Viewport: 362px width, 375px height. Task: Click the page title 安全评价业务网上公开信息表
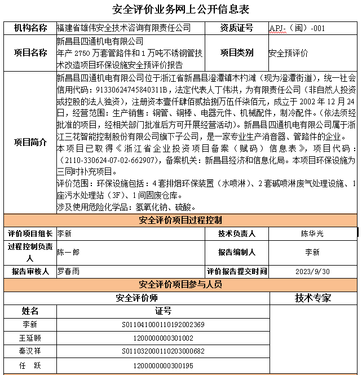(x=180, y=10)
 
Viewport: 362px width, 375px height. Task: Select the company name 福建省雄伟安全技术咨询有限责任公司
(x=123, y=28)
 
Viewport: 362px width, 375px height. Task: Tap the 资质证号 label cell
(x=236, y=28)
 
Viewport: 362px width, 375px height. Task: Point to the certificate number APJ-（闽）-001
(x=297, y=28)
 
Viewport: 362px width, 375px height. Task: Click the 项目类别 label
(x=236, y=52)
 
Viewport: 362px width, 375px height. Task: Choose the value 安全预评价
(x=288, y=53)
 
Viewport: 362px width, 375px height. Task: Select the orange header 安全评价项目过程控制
(x=180, y=220)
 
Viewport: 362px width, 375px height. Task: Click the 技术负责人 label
(x=236, y=233)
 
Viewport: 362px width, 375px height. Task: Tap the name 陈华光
(x=312, y=233)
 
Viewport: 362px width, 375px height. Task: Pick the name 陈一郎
(x=68, y=252)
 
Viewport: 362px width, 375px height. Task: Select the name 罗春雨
(x=68, y=271)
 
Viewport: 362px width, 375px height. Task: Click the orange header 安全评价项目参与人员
(x=180, y=284)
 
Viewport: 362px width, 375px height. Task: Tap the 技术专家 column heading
(x=313, y=298)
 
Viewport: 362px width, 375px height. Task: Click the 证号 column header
(x=163, y=311)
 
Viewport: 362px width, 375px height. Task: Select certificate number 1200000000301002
(x=163, y=338)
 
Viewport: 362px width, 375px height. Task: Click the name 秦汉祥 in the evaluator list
(x=30, y=352)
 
